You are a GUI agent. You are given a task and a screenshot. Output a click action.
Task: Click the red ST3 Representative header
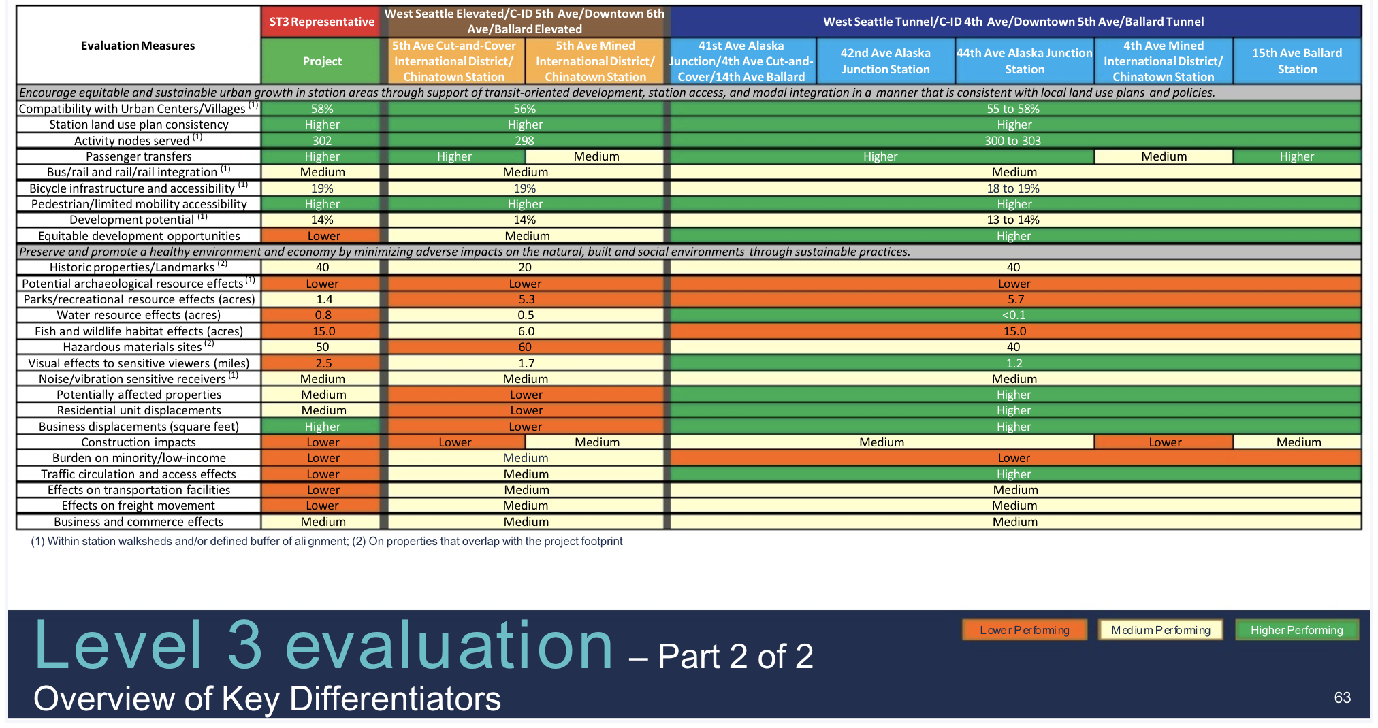321,22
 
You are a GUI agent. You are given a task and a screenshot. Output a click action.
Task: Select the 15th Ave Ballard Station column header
1296,61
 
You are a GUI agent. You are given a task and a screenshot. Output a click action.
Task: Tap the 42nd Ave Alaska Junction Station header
885,61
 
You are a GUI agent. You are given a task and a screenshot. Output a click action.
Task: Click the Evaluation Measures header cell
138,46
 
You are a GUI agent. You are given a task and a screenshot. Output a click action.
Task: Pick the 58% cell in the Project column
321,109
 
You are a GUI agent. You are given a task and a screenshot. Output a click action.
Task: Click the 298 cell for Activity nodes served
524,141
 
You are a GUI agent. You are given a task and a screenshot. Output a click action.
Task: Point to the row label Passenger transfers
138,156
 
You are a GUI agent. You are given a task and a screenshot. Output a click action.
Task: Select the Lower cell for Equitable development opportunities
323,236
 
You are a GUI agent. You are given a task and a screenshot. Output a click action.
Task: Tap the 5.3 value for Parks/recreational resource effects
526,299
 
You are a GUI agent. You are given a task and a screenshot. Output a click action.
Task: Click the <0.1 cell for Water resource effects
1014,315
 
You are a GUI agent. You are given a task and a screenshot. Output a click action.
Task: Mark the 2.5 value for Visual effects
323,363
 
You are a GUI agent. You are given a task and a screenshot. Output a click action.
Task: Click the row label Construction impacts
138,442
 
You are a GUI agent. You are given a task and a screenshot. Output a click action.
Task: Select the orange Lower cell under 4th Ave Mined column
1164,442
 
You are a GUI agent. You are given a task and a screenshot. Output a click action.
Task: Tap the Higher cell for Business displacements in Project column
322,427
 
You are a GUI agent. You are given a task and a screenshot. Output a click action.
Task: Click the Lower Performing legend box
1024,630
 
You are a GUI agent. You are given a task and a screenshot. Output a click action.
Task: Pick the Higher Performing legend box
1296,630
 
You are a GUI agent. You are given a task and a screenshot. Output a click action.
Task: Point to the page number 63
1342,697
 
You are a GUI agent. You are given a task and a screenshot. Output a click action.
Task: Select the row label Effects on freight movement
138,506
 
